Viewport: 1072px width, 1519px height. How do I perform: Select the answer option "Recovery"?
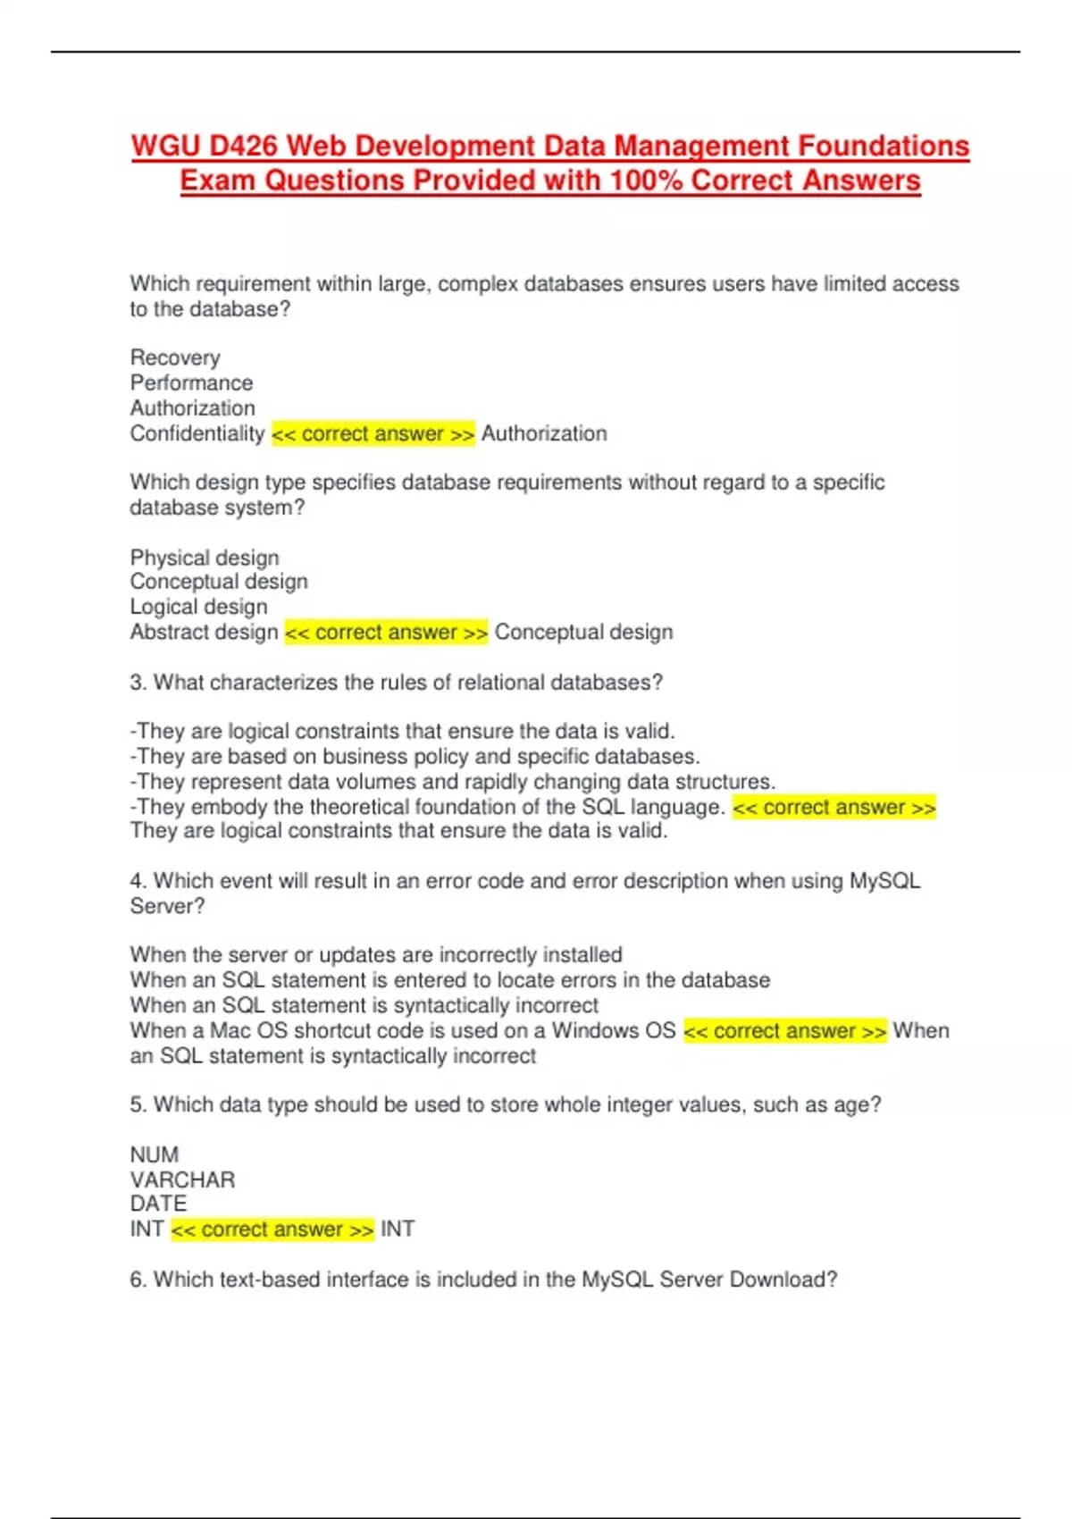point(175,357)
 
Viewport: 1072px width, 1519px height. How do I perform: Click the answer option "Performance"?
point(191,382)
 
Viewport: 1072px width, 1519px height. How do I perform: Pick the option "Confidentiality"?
point(197,433)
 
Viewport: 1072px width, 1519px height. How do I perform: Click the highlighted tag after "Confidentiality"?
point(373,434)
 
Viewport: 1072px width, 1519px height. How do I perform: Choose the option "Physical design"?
point(205,558)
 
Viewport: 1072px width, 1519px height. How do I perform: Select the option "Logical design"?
point(198,607)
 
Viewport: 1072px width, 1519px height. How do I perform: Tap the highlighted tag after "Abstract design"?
point(386,633)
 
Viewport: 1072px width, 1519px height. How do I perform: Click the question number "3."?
point(138,683)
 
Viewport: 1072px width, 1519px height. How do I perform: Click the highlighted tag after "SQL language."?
point(833,808)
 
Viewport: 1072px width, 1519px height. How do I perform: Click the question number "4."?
point(138,881)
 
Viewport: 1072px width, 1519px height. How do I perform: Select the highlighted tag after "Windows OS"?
point(784,1031)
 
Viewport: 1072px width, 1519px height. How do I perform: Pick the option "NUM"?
point(155,1154)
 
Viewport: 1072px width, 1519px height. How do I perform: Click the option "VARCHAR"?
point(182,1179)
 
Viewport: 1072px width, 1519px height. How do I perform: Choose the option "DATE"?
point(158,1204)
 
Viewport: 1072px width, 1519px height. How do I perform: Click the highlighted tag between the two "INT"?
point(272,1229)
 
